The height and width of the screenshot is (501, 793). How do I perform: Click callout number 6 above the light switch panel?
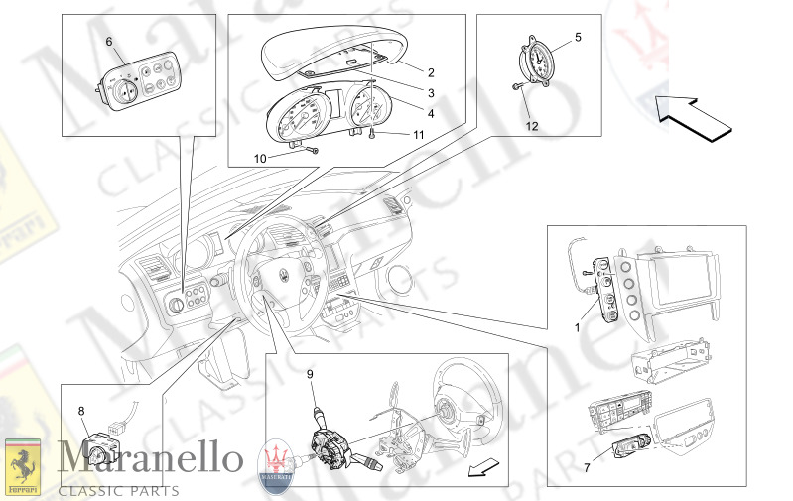(x=109, y=41)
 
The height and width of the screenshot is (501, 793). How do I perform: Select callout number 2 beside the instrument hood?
(x=431, y=72)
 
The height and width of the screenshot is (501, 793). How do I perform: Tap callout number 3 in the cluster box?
(x=431, y=93)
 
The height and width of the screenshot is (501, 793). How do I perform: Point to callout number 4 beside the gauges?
(x=431, y=113)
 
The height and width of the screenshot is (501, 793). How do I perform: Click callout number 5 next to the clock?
(x=579, y=38)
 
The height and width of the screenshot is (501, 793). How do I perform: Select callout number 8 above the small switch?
(x=80, y=409)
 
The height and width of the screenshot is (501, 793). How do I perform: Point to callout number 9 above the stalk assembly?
(x=309, y=374)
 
